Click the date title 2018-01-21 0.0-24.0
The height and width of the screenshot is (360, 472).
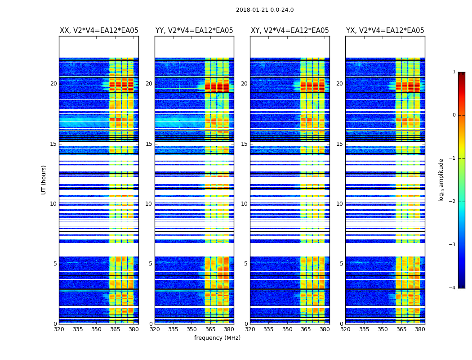click(x=265, y=10)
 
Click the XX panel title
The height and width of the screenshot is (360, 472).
click(x=99, y=31)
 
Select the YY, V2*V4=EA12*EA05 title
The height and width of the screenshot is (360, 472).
click(x=194, y=31)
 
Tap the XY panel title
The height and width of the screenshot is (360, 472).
click(x=290, y=31)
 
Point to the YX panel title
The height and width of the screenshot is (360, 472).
click(x=385, y=31)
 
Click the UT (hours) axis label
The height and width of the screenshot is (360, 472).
click(x=44, y=180)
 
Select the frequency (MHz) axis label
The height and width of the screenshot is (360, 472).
click(x=217, y=338)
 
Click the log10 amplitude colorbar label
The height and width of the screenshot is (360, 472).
click(x=441, y=180)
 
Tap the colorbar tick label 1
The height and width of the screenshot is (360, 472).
click(x=454, y=72)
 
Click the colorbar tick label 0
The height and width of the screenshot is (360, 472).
click(x=454, y=115)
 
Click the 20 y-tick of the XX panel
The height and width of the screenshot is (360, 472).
click(x=53, y=84)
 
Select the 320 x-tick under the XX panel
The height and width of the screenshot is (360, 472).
click(x=59, y=329)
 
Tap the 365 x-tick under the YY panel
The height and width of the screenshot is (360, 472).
click(x=210, y=329)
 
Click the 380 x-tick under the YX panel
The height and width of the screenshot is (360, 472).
click(x=420, y=329)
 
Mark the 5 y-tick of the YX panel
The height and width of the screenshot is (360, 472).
click(x=341, y=264)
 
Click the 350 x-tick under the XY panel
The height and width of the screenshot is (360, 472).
click(x=287, y=329)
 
